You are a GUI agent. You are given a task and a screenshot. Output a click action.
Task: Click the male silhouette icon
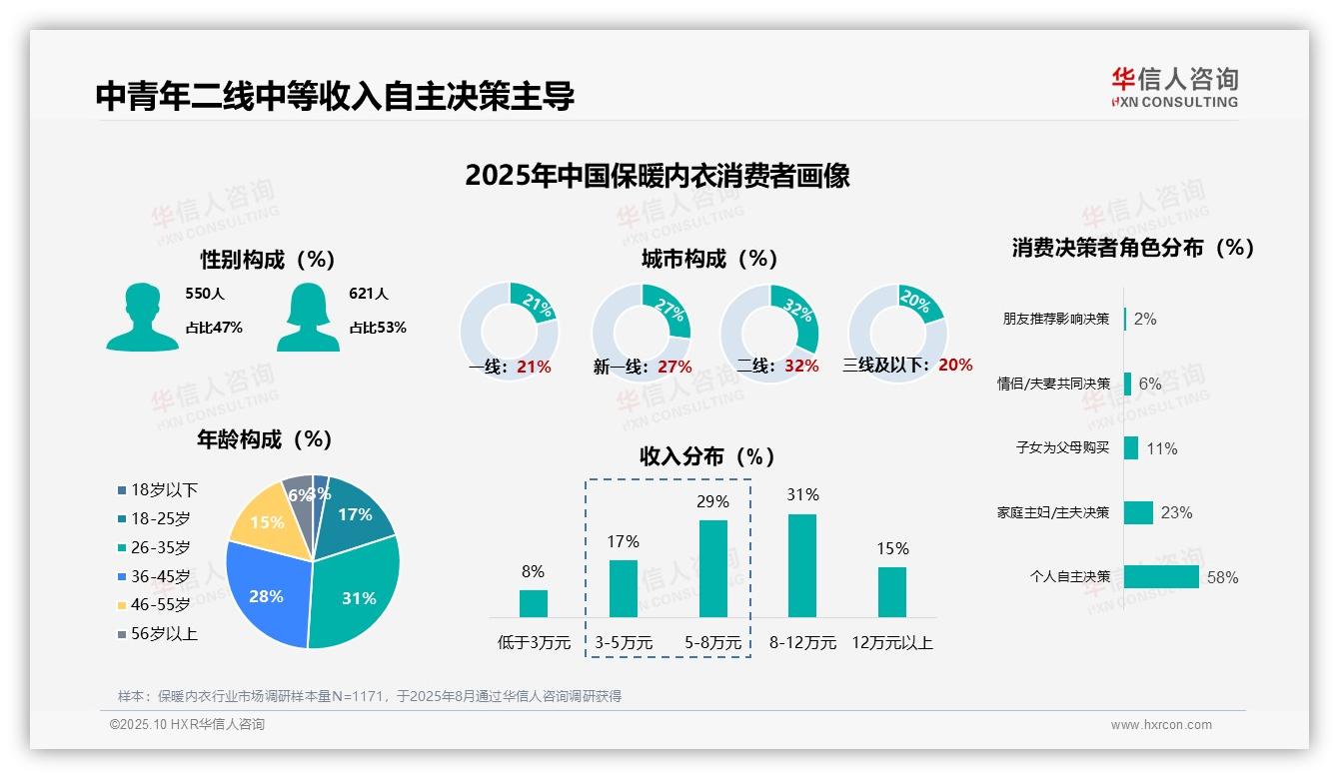pyautogui.click(x=143, y=317)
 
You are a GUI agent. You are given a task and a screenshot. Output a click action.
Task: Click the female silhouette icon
pyautogui.click(x=308, y=317)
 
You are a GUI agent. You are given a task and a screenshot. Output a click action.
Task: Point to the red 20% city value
pyautogui.click(x=955, y=366)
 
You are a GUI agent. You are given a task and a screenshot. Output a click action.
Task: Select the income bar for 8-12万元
pyautogui.click(x=802, y=565)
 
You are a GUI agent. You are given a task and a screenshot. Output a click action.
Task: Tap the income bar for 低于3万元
pyautogui.click(x=534, y=603)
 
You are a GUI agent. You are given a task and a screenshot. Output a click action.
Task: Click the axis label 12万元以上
pyautogui.click(x=891, y=643)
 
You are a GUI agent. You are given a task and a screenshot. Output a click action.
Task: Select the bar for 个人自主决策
pyautogui.click(x=1161, y=576)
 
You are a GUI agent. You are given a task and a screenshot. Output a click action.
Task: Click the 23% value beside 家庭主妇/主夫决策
pyautogui.click(x=1176, y=512)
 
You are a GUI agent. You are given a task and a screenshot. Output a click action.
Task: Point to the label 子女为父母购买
pyautogui.click(x=1062, y=447)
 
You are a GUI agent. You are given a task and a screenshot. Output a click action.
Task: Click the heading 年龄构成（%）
pyautogui.click(x=265, y=438)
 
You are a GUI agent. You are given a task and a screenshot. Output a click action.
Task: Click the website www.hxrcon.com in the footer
pyautogui.click(x=1160, y=725)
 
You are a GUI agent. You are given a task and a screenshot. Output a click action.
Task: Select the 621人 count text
pyautogui.click(x=368, y=294)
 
